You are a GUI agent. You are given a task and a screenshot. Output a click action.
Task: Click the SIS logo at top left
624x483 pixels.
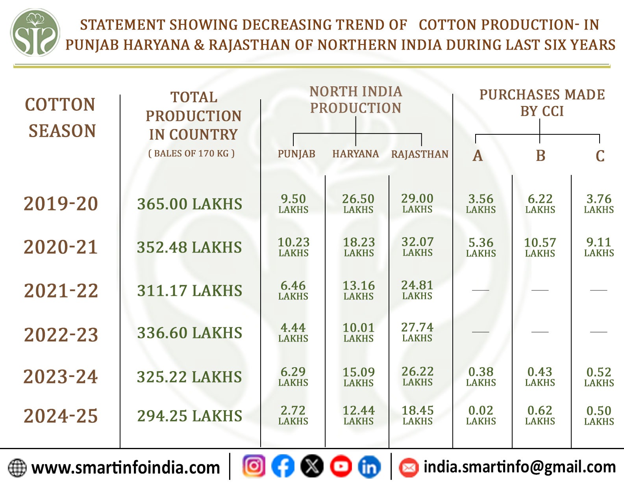(x=35, y=33)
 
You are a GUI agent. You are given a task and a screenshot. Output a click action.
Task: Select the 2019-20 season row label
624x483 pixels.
(x=61, y=204)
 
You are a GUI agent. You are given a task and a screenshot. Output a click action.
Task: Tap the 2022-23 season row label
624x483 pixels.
(x=61, y=334)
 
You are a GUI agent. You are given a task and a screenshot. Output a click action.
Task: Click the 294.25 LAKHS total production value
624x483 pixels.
(x=189, y=416)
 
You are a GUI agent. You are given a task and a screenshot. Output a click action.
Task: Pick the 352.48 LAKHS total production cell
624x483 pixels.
(x=189, y=247)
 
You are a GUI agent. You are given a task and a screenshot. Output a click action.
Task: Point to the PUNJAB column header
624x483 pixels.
(x=296, y=154)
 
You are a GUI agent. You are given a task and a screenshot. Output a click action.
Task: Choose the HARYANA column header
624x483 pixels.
(x=356, y=154)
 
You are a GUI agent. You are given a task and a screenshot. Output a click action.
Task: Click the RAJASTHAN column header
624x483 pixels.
(x=420, y=154)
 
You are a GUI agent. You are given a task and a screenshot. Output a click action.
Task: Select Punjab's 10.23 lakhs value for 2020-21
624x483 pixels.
(x=294, y=247)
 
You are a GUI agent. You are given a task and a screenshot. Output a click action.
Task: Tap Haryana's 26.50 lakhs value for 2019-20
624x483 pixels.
(x=358, y=203)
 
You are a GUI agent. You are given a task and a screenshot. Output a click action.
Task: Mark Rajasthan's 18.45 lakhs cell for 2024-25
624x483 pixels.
(x=418, y=415)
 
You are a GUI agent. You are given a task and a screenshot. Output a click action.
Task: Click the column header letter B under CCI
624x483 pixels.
(x=541, y=156)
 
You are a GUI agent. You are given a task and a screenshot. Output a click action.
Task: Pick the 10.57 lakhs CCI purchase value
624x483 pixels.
(x=540, y=247)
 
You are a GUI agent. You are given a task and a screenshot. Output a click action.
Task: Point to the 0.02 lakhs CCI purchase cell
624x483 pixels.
(x=481, y=415)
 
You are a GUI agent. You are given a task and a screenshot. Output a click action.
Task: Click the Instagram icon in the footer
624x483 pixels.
(x=254, y=466)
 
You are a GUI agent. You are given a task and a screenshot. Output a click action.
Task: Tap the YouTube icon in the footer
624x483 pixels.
(x=341, y=467)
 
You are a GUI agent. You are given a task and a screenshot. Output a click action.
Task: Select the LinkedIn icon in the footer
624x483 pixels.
(x=369, y=467)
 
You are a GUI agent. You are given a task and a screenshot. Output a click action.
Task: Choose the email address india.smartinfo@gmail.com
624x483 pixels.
(x=519, y=467)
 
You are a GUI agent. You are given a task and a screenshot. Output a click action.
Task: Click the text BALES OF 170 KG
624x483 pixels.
(x=191, y=154)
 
